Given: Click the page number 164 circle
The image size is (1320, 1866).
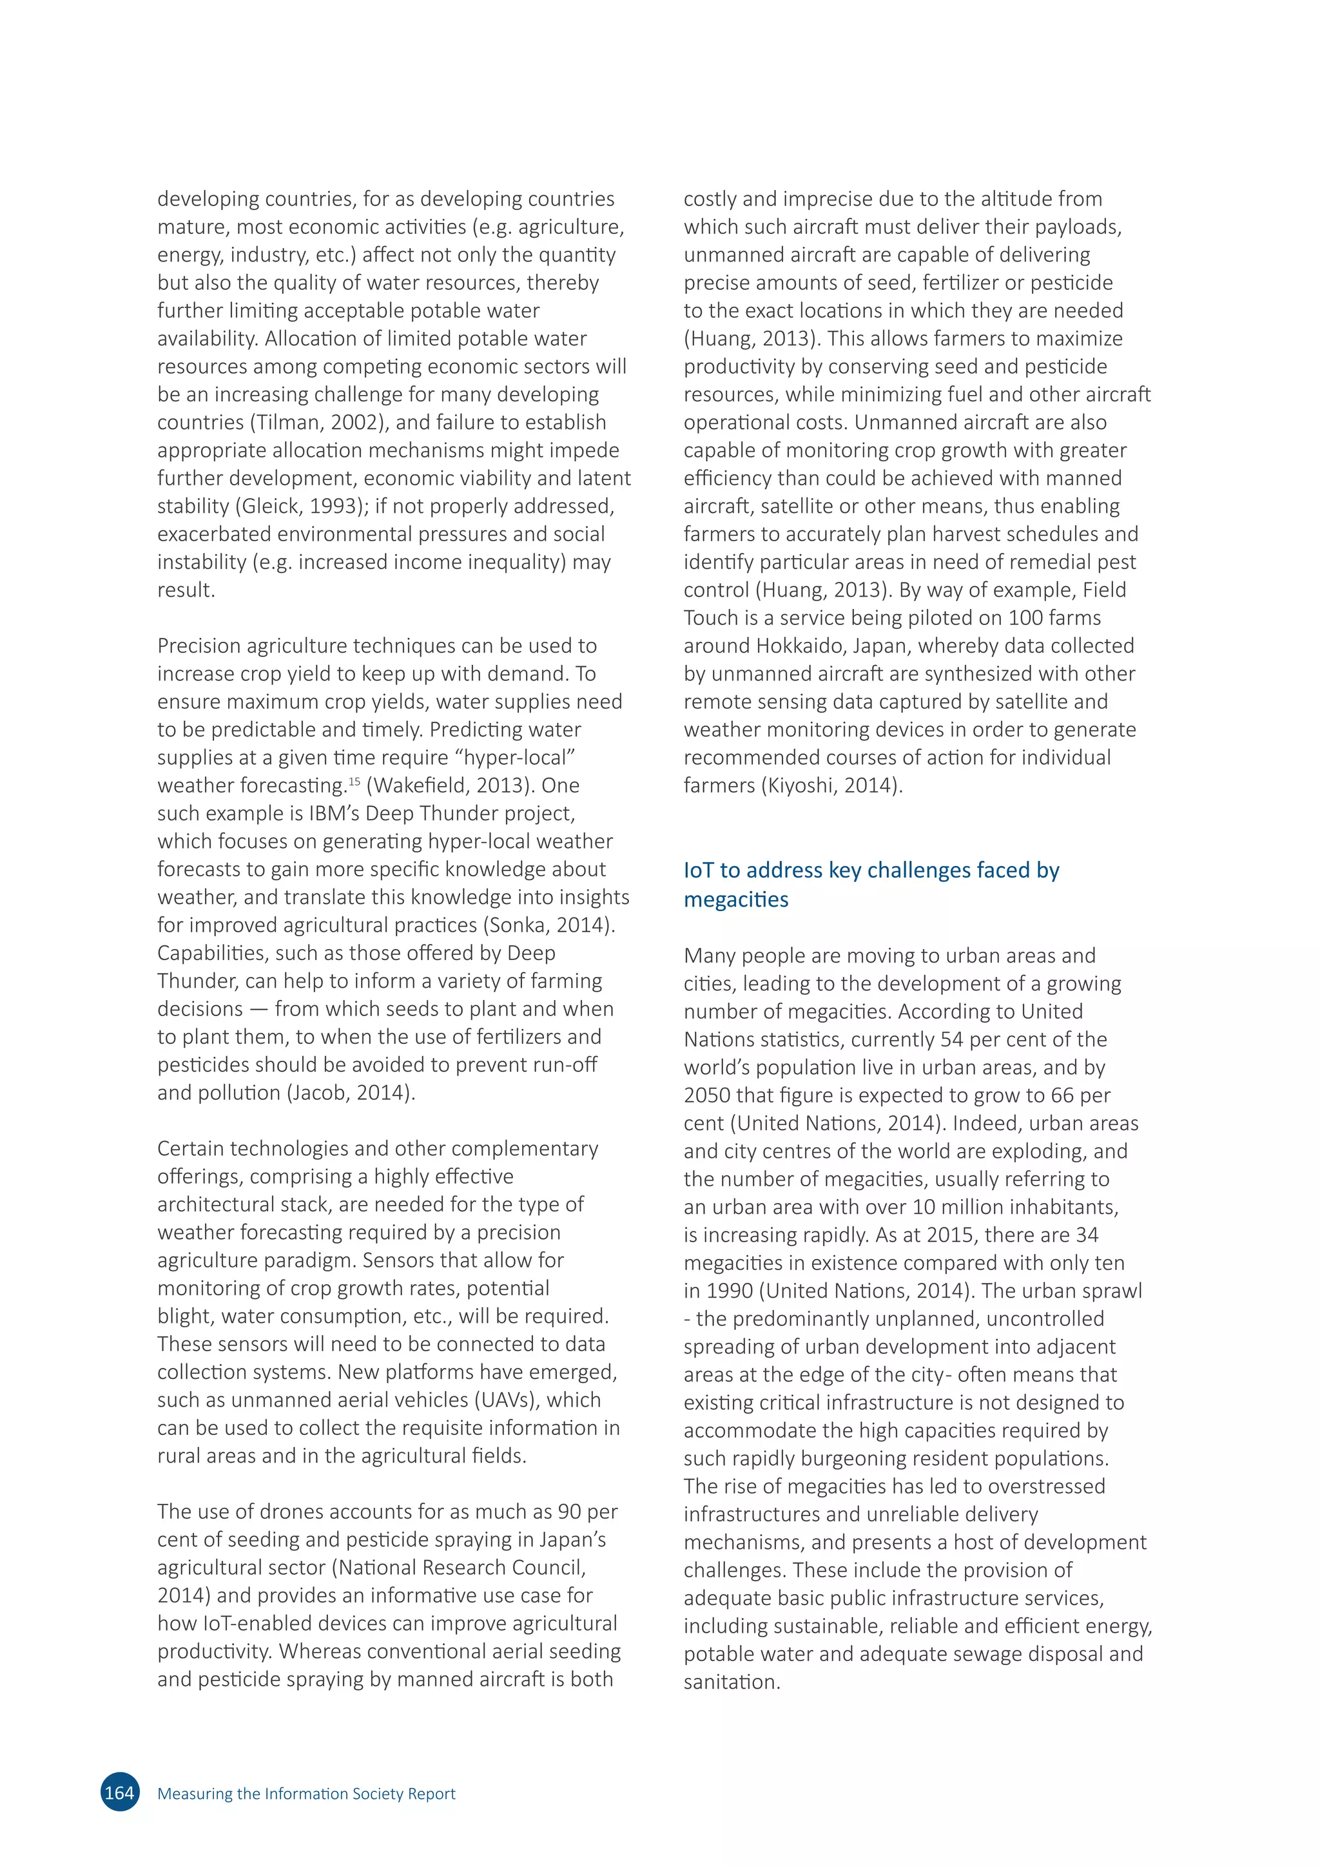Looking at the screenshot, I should click(119, 1793).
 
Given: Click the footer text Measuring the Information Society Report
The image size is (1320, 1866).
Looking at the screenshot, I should click(306, 1794).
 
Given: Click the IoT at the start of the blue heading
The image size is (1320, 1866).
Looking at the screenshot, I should click(698, 870).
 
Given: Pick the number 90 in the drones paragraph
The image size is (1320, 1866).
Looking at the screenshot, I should click(569, 1512).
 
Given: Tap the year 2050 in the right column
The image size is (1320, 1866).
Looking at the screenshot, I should click(706, 1095).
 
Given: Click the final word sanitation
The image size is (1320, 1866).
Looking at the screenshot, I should click(731, 1682).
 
